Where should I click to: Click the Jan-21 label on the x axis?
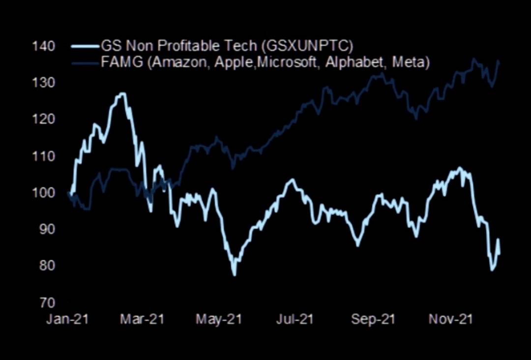click(x=67, y=319)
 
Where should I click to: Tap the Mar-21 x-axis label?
click(x=143, y=319)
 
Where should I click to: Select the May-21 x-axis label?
click(x=219, y=319)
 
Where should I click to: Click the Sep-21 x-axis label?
click(x=373, y=319)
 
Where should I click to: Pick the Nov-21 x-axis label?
click(x=450, y=319)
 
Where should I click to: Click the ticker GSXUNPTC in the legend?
click(x=308, y=47)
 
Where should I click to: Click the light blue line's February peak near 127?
click(x=122, y=93)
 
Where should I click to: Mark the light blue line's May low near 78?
click(x=234, y=274)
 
